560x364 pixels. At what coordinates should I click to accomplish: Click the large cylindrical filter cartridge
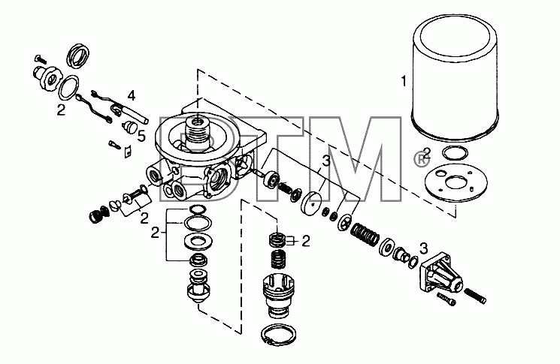pyautogui.click(x=456, y=77)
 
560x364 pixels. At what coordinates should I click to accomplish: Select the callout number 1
pyautogui.click(x=404, y=82)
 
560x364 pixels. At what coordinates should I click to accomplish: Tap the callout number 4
pyautogui.click(x=132, y=95)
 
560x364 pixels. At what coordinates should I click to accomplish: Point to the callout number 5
pyautogui.click(x=141, y=136)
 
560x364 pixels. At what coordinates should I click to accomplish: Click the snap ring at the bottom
pyautogui.click(x=279, y=335)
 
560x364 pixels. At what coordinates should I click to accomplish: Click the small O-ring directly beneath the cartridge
pyautogui.click(x=455, y=153)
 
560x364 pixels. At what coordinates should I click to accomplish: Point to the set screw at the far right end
pyautogui.click(x=475, y=296)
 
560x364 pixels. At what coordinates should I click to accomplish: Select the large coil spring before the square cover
pyautogui.click(x=365, y=235)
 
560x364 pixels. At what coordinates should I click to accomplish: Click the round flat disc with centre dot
pyautogui.click(x=313, y=203)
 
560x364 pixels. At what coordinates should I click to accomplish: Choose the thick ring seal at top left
pyautogui.click(x=78, y=56)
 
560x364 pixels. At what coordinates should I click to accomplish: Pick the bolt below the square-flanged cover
pyautogui.click(x=446, y=299)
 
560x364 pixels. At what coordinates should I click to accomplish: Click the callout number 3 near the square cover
pyautogui.click(x=423, y=248)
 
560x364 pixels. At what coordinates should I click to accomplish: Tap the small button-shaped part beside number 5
pyautogui.click(x=128, y=127)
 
